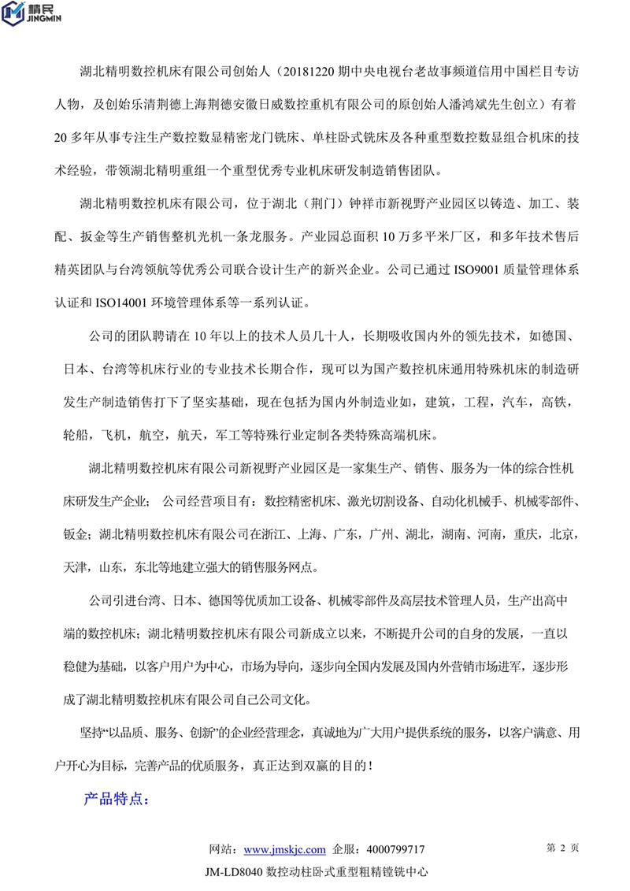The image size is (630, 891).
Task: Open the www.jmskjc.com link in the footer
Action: pos(285,850)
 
